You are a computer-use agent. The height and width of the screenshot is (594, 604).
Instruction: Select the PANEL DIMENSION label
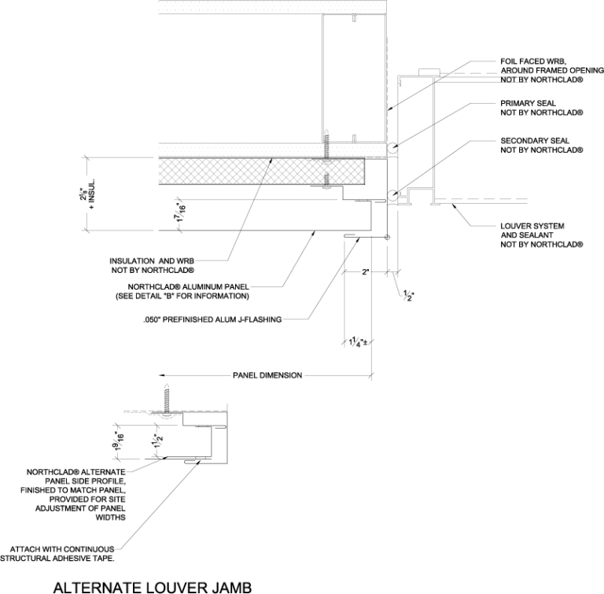(x=267, y=375)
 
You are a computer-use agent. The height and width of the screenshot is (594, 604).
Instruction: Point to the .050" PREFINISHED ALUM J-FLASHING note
(x=212, y=320)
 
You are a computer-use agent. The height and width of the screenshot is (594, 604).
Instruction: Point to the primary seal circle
(x=392, y=147)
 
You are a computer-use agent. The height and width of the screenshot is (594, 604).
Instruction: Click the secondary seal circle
(x=392, y=195)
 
